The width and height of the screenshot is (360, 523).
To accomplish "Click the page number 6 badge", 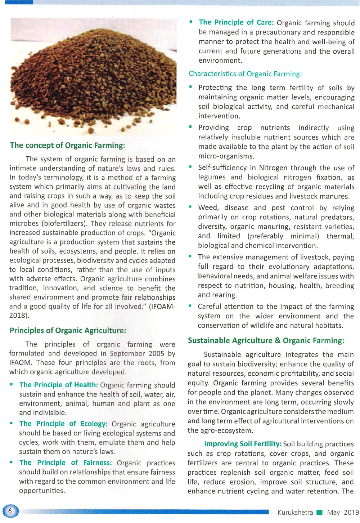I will pos(10,511).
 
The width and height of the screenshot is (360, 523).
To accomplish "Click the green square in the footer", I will pos(319,512).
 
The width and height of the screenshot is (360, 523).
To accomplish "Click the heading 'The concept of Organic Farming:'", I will pos(67,146).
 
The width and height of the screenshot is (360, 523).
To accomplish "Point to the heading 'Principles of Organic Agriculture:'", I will pos(68,331).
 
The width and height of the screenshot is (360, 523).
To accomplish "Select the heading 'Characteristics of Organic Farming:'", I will pos(245,74).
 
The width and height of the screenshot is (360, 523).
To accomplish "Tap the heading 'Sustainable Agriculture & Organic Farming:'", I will pos(266,341).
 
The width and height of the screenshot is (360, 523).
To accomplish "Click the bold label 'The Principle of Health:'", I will pos(58,385).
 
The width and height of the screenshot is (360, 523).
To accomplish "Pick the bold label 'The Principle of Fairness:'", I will pos(65,462).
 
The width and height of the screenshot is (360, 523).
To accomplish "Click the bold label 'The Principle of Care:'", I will pos(236,22).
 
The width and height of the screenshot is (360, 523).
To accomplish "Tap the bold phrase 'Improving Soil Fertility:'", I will pos(243,444).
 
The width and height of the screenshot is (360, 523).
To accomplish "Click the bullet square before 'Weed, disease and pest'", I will pos(191,207).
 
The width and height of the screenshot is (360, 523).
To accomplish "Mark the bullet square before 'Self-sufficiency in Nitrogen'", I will pos(191,167).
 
